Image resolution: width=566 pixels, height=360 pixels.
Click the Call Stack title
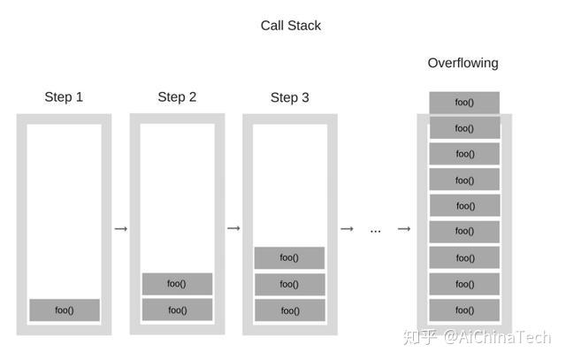[290, 26]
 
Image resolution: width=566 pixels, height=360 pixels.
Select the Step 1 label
[64, 96]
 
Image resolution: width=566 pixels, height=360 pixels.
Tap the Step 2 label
[177, 96]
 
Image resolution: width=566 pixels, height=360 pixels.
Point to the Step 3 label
[289, 97]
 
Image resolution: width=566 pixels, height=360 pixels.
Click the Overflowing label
[463, 63]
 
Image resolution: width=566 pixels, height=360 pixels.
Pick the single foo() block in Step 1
[65, 310]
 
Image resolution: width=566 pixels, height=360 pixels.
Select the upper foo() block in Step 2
[177, 284]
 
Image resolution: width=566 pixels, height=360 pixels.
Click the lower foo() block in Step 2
[177, 310]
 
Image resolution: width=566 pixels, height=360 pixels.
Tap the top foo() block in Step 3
[289, 258]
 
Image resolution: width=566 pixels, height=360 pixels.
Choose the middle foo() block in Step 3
[289, 285]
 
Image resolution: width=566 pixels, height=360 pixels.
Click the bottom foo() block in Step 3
[289, 311]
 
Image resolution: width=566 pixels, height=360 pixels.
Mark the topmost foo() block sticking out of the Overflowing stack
[464, 103]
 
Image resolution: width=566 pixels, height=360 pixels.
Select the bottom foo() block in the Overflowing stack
[464, 310]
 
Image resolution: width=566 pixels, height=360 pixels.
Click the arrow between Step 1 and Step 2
[121, 229]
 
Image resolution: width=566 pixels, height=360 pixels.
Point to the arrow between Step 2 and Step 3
[233, 229]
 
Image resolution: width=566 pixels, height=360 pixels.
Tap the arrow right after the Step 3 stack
[347, 229]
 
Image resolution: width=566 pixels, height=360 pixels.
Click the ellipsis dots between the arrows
[375, 231]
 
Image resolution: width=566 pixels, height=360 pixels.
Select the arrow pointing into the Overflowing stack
[404, 229]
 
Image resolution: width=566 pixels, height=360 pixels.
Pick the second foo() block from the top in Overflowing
[464, 128]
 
